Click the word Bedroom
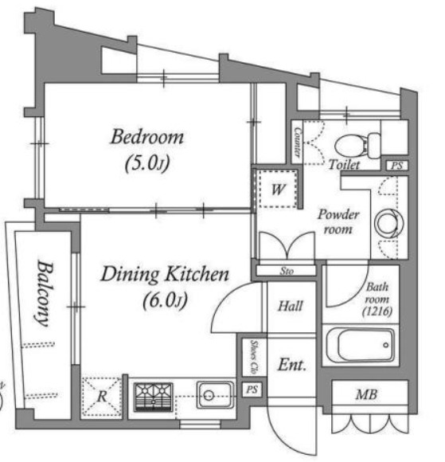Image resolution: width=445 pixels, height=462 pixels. coord(147,137)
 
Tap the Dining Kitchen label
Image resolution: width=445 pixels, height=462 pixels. coord(165,274)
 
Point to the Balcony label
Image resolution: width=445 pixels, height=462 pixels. coord(44,293)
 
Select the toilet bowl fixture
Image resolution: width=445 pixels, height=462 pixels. coord(357,146)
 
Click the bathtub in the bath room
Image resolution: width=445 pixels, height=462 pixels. coord(361,346)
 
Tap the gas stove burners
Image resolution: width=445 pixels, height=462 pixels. coord(153,397)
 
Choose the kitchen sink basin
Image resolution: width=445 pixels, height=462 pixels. coord(216,395)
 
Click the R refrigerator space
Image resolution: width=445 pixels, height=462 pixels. coord(102,397)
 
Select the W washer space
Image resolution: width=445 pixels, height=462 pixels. coord(279,189)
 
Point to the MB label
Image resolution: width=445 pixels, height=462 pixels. coord(366,394)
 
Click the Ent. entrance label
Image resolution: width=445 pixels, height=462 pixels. coord(291,365)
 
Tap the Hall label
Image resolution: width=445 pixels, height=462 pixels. coord(291,306)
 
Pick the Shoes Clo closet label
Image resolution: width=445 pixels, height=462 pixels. coord(254,358)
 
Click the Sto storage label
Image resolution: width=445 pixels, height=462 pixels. coord(287,271)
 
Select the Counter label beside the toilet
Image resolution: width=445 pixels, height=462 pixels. coord(298,143)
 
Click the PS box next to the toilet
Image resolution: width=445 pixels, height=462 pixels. coord(397,166)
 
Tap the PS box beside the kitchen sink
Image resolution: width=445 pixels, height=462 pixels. coord(252,390)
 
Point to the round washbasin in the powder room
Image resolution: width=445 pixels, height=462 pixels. coord(389,223)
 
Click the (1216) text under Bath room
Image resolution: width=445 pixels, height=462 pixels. coord(377,311)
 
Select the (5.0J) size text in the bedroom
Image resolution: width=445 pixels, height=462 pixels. coord(147,163)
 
